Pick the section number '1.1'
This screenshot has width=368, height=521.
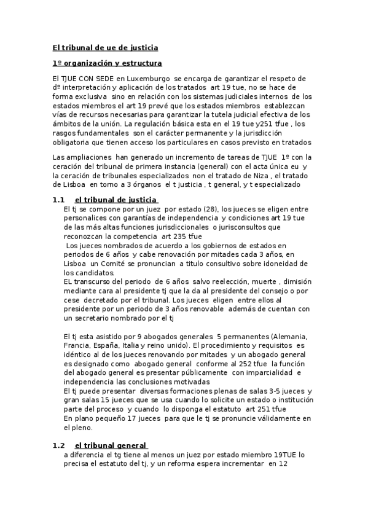(x=58, y=200)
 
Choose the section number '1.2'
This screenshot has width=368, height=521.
(x=58, y=445)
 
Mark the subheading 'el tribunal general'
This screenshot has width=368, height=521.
(x=111, y=445)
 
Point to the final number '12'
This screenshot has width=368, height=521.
(x=284, y=464)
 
